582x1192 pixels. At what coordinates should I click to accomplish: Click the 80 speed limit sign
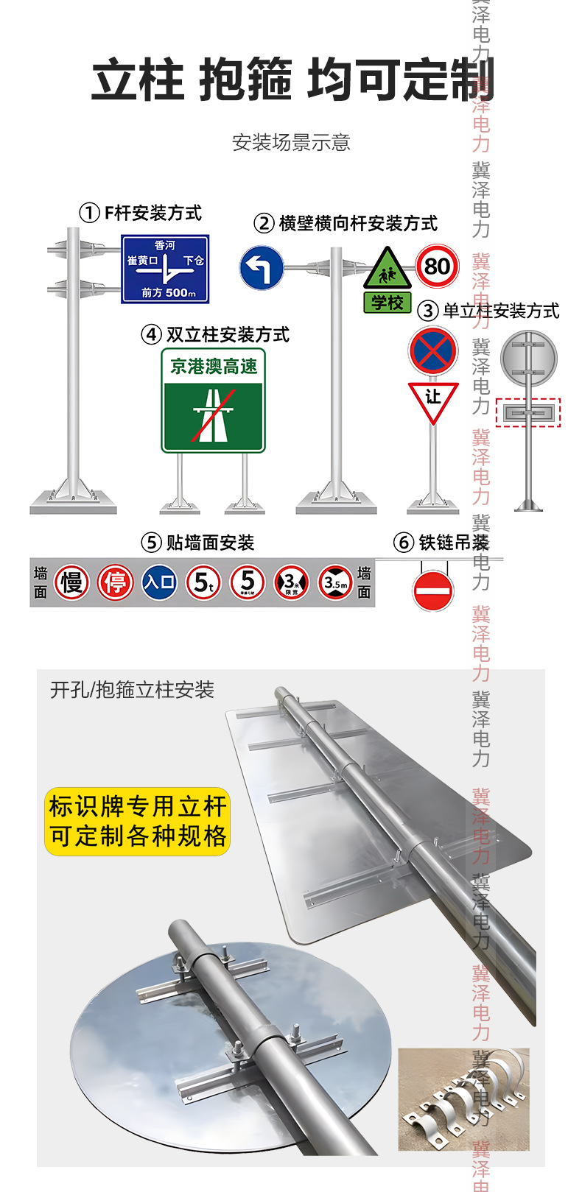click(437, 266)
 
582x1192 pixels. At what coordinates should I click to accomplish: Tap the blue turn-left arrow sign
click(262, 268)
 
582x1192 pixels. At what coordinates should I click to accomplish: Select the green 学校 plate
click(387, 303)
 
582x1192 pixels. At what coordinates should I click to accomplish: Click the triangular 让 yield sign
click(433, 400)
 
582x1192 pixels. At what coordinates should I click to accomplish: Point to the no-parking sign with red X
click(433, 351)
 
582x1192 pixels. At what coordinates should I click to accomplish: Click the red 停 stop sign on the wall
click(115, 583)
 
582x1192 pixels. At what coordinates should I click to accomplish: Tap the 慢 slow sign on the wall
click(71, 583)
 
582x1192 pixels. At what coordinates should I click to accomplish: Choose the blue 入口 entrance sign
click(159, 583)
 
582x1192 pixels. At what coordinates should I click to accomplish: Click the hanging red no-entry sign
click(432, 590)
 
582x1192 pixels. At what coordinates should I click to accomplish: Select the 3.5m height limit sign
click(335, 583)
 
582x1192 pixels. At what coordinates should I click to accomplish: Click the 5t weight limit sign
click(203, 583)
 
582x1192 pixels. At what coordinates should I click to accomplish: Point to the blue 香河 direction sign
click(165, 269)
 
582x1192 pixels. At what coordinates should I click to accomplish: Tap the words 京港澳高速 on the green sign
click(214, 366)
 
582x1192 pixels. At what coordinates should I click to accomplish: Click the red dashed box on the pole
click(528, 413)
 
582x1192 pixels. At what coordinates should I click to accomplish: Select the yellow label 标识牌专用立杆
click(138, 807)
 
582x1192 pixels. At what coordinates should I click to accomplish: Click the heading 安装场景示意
click(291, 142)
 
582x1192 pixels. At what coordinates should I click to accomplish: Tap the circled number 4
click(151, 335)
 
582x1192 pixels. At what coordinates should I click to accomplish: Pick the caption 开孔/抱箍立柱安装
click(132, 690)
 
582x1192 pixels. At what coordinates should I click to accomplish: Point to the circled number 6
click(404, 543)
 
